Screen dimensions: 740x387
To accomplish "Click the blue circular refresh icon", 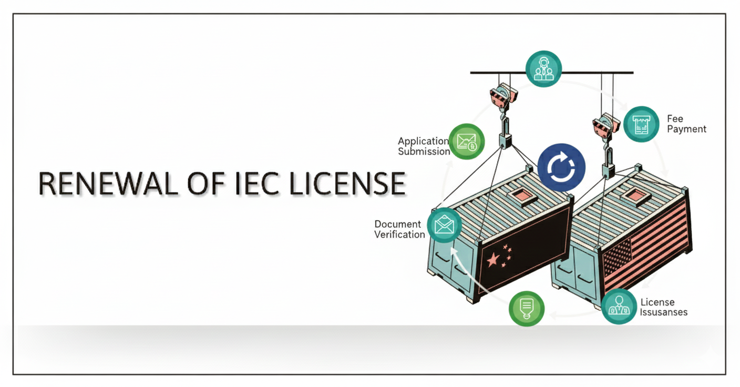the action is (561, 167).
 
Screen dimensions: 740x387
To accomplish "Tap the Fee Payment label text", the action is (686, 124).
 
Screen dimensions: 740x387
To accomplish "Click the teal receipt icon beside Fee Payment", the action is (641, 124).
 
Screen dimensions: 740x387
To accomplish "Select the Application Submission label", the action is (424, 146).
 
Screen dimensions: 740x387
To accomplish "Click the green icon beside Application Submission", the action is (467, 141).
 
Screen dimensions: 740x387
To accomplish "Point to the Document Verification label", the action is (399, 229).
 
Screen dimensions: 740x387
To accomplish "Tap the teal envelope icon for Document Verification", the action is (444, 225).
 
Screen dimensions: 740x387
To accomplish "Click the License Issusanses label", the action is (663, 307).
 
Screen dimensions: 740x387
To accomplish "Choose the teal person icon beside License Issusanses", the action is (619, 306).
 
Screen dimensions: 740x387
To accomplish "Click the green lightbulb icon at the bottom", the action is (526, 308).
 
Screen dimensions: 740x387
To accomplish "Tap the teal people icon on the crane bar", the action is (543, 69).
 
